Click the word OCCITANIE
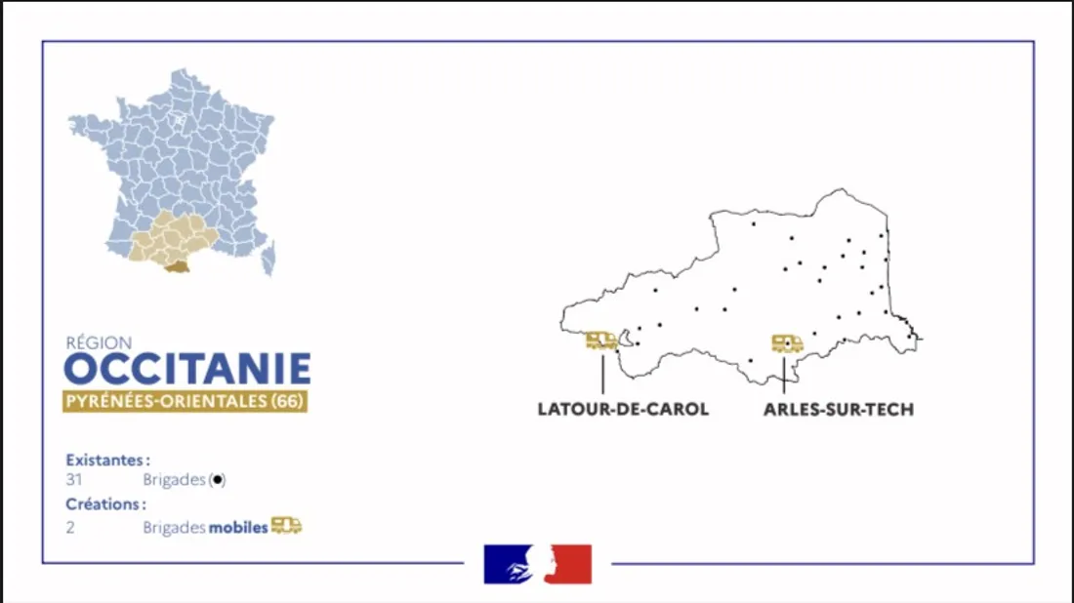tap(187, 370)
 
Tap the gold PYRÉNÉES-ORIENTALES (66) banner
tap(185, 401)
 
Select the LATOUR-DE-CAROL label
tap(623, 410)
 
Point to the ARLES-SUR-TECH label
tap(839, 410)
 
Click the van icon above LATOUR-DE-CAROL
tap(601, 341)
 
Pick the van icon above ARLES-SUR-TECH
tap(787, 343)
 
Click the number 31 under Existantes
tap(74, 480)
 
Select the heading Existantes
tap(107, 459)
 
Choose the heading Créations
tap(105, 504)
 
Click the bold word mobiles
tap(238, 528)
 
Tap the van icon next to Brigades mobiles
tap(286, 526)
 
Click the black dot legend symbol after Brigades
tap(218, 480)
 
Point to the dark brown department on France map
tap(177, 266)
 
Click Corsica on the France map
tap(268, 259)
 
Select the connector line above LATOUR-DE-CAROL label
tap(602, 374)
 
